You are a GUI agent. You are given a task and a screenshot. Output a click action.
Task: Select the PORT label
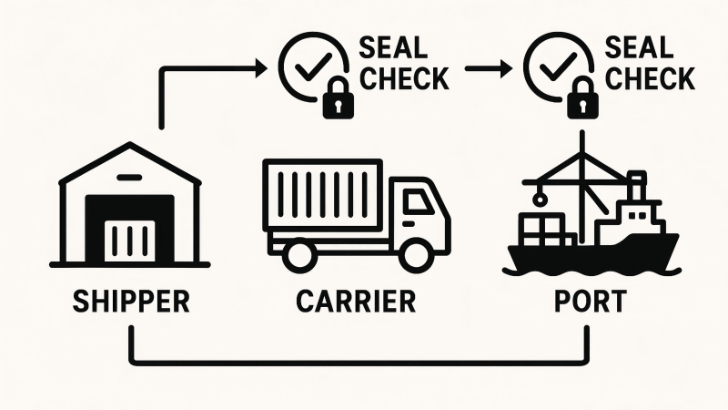pos(591,301)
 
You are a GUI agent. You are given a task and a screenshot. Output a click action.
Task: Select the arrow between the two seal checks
pos(487,68)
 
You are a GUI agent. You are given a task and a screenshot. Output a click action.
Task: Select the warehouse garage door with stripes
pos(128,240)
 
